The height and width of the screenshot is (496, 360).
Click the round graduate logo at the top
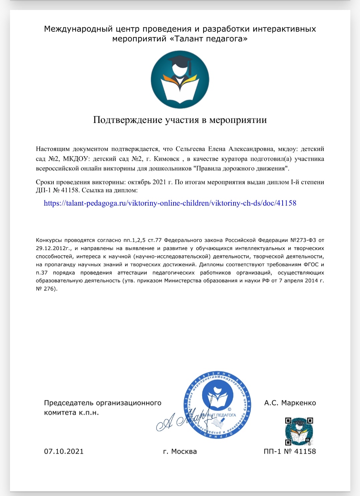coord(180,80)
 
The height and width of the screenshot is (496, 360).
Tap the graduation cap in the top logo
coord(181,62)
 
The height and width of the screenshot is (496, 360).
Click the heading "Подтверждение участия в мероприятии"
coord(180,120)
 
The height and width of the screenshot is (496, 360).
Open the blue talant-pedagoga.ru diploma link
coord(170,203)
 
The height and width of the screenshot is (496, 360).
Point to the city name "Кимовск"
coord(166,159)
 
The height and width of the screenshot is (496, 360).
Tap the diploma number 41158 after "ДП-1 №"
coord(70,191)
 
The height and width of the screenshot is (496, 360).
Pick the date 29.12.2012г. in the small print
coord(54,248)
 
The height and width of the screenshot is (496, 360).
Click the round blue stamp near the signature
coord(217,405)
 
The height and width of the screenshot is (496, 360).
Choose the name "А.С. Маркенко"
coord(290,403)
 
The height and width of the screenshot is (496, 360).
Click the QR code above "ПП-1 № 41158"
coord(299,431)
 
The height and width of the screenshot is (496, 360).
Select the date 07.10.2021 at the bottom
coord(64,452)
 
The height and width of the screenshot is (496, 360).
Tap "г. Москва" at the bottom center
coord(180,452)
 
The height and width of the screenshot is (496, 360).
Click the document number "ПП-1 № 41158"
coord(290,452)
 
